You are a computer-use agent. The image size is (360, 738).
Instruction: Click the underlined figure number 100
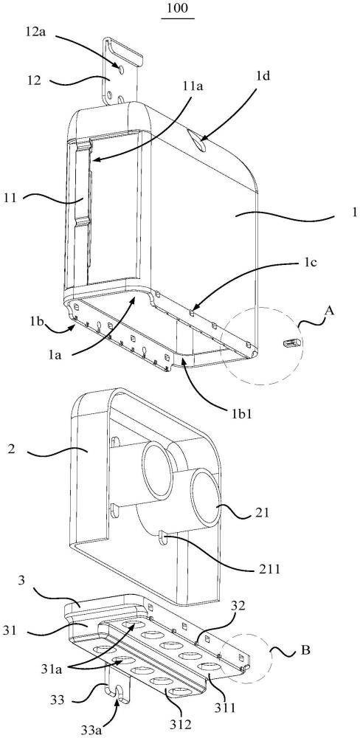178,9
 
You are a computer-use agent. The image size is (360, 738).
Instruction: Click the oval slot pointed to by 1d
197,140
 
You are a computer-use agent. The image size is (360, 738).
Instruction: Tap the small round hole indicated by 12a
122,69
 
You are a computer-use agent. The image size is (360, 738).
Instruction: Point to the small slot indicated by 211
162,537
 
